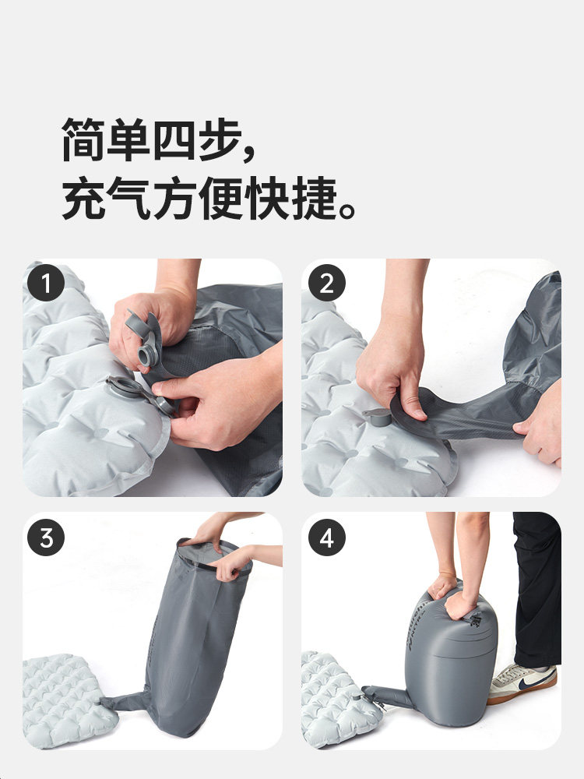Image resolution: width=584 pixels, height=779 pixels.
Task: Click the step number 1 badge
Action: tap(46, 283)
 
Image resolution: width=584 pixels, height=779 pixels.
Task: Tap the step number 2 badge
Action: tap(326, 283)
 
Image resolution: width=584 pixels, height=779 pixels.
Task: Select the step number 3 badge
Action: tap(46, 537)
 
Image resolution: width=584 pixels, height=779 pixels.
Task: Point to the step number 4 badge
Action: tap(326, 537)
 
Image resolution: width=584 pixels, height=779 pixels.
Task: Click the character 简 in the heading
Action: tap(83, 139)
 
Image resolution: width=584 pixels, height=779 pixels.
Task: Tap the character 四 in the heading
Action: tap(174, 139)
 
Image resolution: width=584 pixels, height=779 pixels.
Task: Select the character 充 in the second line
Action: tap(83, 198)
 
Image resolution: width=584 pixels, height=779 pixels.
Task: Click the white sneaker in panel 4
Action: tap(522, 683)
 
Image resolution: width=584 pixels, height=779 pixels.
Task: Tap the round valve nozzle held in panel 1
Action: tap(145, 356)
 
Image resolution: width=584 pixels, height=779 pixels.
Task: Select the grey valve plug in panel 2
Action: tap(377, 417)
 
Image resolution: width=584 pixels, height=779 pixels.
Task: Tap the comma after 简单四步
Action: tap(249, 152)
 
